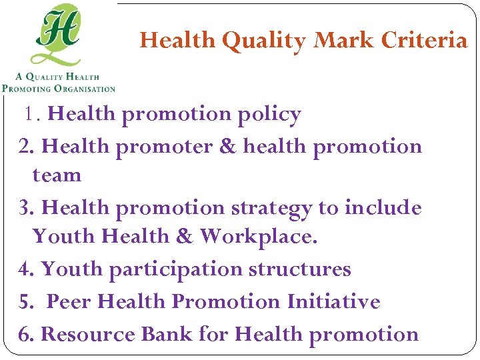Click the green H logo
click(59, 35)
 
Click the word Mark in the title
click(344, 41)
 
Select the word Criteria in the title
click(424, 41)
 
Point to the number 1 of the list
click(30, 115)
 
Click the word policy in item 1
click(269, 115)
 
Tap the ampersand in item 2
click(229, 146)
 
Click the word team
click(57, 175)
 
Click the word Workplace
click(259, 236)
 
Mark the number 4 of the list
click(25, 269)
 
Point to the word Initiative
click(333, 301)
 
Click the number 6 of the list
click(25, 334)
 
